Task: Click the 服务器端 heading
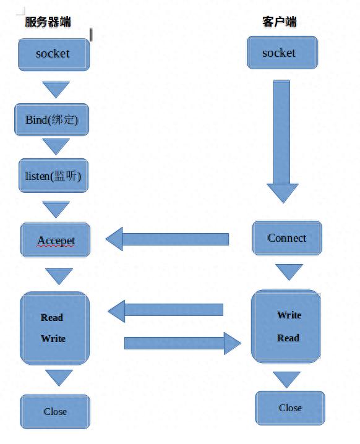click(x=48, y=22)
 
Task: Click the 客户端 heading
click(x=279, y=22)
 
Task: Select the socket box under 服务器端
click(x=54, y=54)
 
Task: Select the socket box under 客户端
click(x=283, y=53)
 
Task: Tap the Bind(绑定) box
click(x=51, y=120)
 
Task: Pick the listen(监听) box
click(x=54, y=176)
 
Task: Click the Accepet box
click(x=56, y=240)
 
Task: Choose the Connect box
click(x=287, y=238)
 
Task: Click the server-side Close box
click(x=55, y=411)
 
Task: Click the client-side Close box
click(x=290, y=408)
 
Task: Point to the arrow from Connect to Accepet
click(x=167, y=239)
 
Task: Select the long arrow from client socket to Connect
click(x=282, y=142)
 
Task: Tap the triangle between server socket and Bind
click(x=56, y=89)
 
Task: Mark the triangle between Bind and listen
click(x=56, y=146)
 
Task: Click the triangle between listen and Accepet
click(x=56, y=209)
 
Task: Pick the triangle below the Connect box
click(x=289, y=272)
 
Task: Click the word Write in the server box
click(x=53, y=339)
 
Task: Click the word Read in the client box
click(x=288, y=338)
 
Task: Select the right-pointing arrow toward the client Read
click(x=182, y=343)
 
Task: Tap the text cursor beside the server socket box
click(x=91, y=35)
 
